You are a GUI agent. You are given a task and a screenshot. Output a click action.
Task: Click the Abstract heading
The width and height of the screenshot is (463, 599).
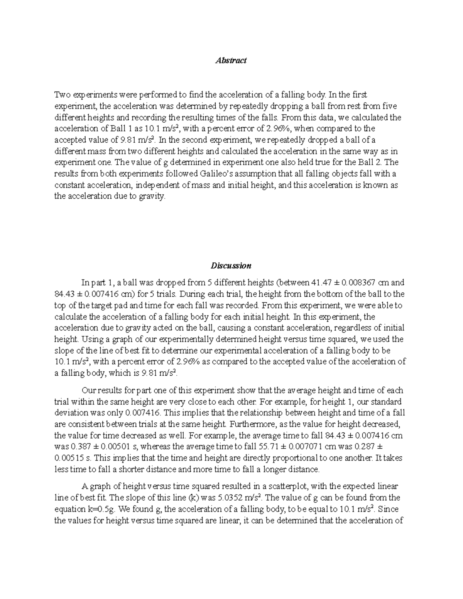click(x=231, y=60)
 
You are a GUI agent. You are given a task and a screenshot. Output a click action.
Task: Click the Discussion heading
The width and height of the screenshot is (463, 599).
click(x=231, y=265)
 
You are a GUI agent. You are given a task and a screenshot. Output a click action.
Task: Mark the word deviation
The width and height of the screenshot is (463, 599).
click(x=70, y=413)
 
